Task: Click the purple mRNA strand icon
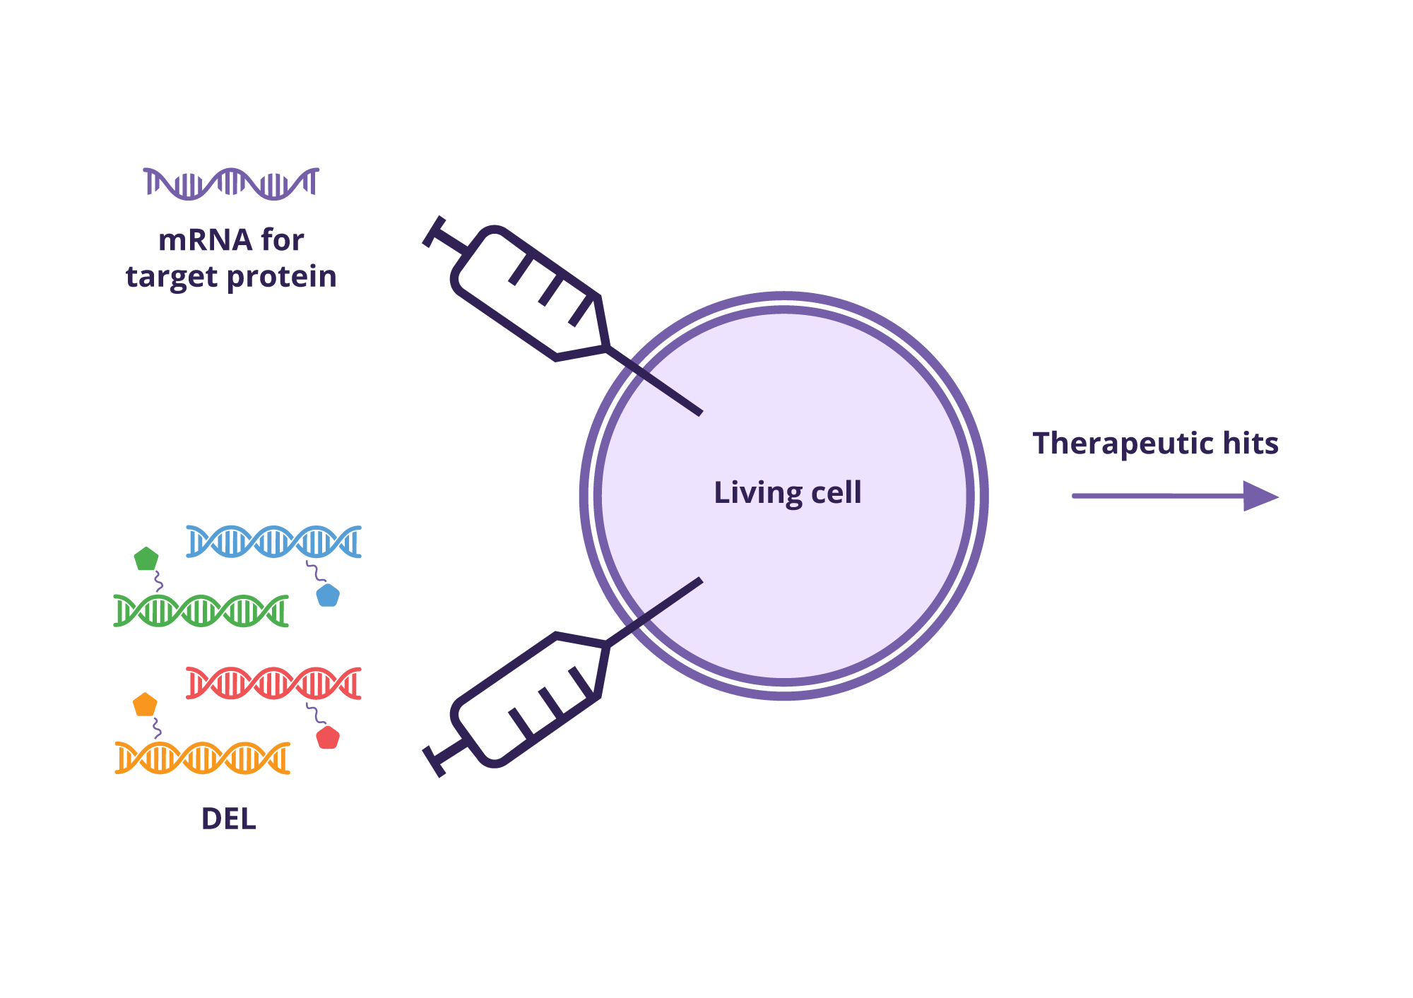(231, 184)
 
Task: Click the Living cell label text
(787, 492)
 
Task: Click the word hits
(1251, 444)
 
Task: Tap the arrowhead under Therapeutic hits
(1260, 496)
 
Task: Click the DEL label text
(228, 819)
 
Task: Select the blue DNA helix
(273, 542)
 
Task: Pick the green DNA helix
(201, 611)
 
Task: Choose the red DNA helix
(273, 683)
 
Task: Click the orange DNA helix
(202, 758)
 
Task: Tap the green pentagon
(146, 559)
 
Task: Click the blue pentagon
(328, 595)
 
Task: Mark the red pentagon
(328, 737)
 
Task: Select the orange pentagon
(145, 705)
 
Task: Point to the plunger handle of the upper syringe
(434, 232)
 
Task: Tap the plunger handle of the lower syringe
(434, 761)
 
